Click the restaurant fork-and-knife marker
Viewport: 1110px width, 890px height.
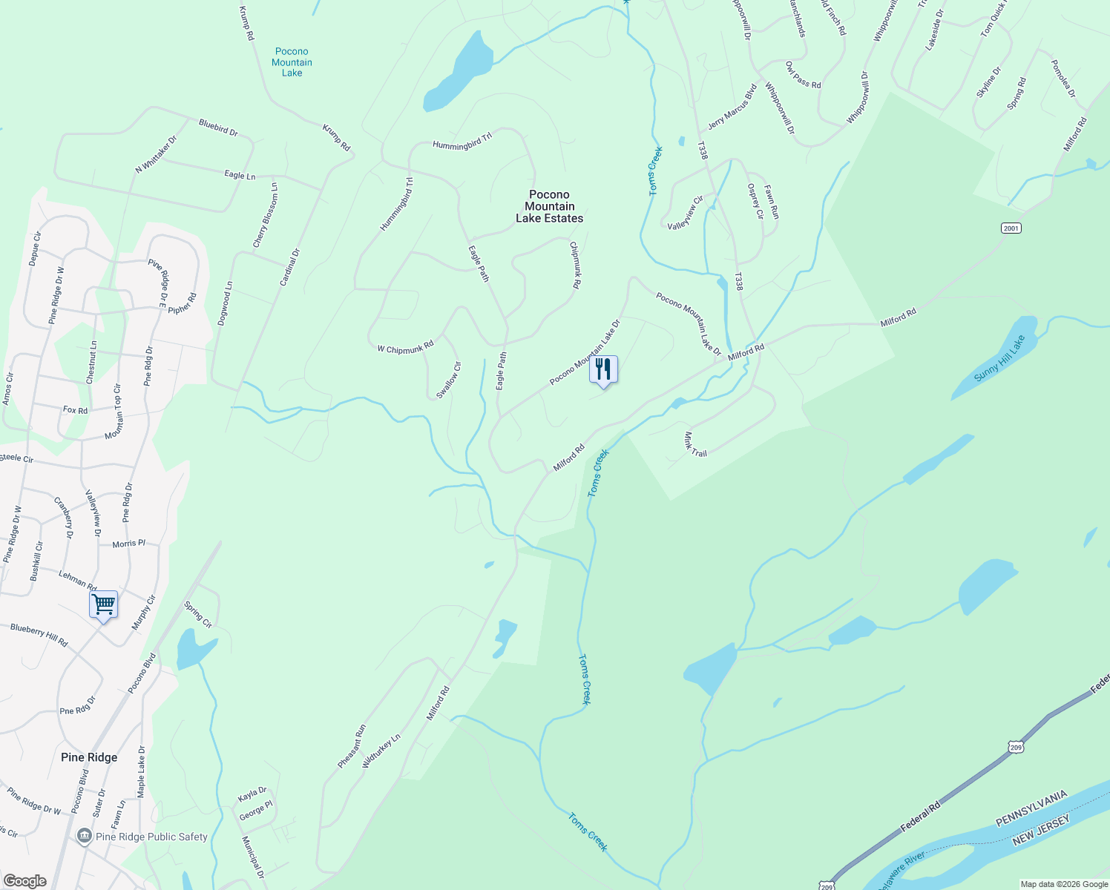[603, 369]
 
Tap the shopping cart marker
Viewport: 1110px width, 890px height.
[103, 604]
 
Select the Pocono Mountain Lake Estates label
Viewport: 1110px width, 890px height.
[550, 207]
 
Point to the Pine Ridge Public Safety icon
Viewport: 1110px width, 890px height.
[85, 837]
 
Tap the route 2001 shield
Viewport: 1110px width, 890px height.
[1011, 228]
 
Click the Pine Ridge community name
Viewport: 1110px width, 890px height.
[89, 757]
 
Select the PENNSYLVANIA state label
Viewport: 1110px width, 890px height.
[1031, 809]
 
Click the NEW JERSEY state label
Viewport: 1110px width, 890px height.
[1042, 828]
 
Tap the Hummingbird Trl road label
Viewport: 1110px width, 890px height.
[462, 142]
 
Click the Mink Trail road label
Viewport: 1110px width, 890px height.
[695, 444]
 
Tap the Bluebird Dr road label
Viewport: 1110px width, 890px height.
[218, 127]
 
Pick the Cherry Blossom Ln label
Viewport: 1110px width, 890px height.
[265, 216]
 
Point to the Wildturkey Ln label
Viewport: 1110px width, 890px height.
[381, 751]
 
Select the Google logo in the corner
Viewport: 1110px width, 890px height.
[24, 881]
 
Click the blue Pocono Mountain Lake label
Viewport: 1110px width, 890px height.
[292, 62]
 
